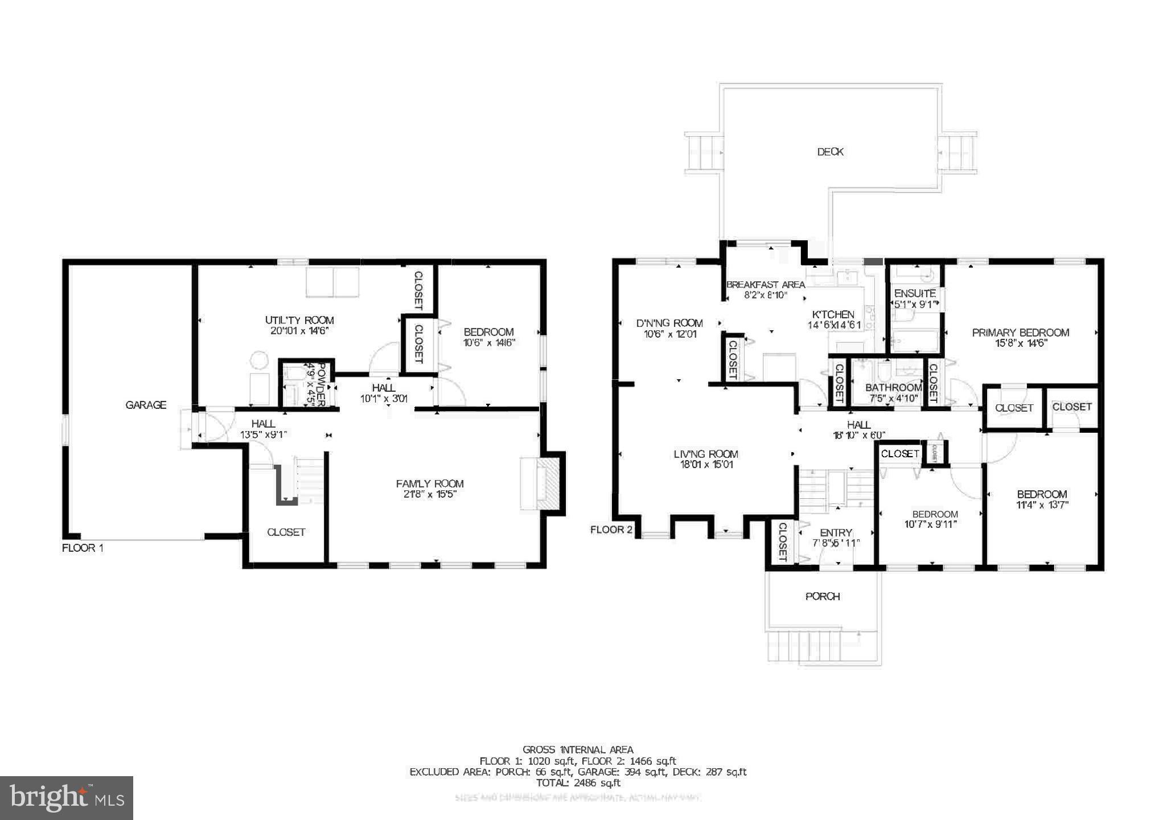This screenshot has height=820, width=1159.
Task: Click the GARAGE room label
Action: tap(146, 405)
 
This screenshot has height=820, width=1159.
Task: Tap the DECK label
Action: tap(830, 152)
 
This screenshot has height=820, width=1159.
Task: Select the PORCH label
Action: tap(823, 596)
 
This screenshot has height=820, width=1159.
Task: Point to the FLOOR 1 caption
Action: tap(83, 548)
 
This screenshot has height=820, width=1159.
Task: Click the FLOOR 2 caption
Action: tap(611, 530)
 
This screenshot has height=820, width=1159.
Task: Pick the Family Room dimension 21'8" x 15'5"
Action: tap(430, 494)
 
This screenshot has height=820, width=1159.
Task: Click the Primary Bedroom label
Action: tap(1020, 333)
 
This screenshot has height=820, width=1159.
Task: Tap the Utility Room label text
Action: tap(299, 320)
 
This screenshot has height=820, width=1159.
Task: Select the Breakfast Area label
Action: tap(766, 285)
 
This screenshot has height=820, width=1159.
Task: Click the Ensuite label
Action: tap(915, 294)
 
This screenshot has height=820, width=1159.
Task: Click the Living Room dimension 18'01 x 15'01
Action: tap(705, 465)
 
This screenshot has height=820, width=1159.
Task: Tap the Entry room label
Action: tap(836, 533)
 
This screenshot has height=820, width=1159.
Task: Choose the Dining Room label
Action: tap(669, 323)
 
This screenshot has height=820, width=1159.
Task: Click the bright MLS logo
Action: tap(67, 798)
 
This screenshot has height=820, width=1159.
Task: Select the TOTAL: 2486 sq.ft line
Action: tap(578, 783)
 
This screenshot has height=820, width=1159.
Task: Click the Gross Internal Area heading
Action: tap(578, 750)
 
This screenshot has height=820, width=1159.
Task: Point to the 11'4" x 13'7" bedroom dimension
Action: tap(1042, 505)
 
